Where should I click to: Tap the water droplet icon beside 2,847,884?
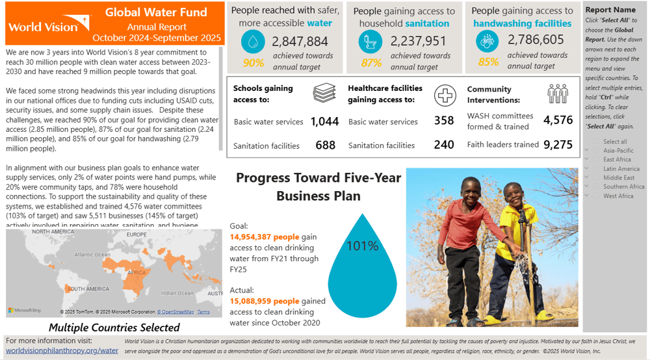253,42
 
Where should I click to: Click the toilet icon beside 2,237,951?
371,42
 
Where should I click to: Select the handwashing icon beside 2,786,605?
488,42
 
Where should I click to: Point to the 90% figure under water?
253,63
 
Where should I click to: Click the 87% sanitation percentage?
371,63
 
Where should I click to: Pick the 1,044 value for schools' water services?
324,122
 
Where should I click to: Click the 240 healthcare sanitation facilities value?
444,145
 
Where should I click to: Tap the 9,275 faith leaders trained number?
558,145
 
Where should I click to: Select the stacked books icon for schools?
324,94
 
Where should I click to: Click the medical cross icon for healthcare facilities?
445,94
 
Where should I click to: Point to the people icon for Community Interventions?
557,94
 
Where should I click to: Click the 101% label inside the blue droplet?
363,246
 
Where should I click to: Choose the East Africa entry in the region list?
617,159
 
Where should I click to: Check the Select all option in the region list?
615,141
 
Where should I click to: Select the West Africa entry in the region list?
617,196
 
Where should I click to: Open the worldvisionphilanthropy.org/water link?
62,350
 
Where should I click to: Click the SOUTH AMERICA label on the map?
88,289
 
